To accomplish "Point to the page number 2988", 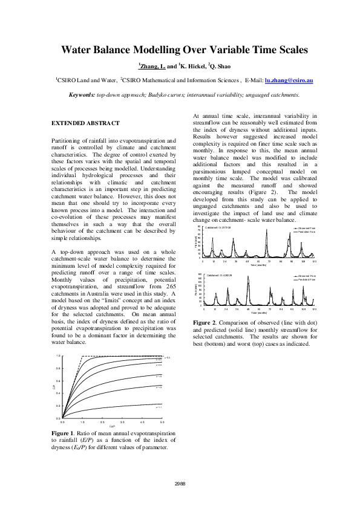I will pyautogui.click(x=180, y=483).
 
